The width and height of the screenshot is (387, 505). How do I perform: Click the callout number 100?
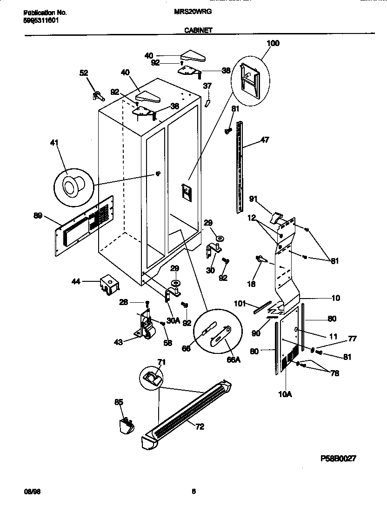coord(273,43)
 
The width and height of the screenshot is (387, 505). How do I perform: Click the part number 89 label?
coord(38,215)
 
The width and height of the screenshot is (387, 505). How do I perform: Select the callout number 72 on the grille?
coord(200,427)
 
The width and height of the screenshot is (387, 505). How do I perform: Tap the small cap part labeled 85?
coord(124,425)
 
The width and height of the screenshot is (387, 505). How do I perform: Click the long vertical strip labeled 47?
coord(240,167)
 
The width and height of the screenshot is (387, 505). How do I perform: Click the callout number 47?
coord(265,139)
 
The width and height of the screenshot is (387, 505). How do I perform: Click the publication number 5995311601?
coord(41,20)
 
